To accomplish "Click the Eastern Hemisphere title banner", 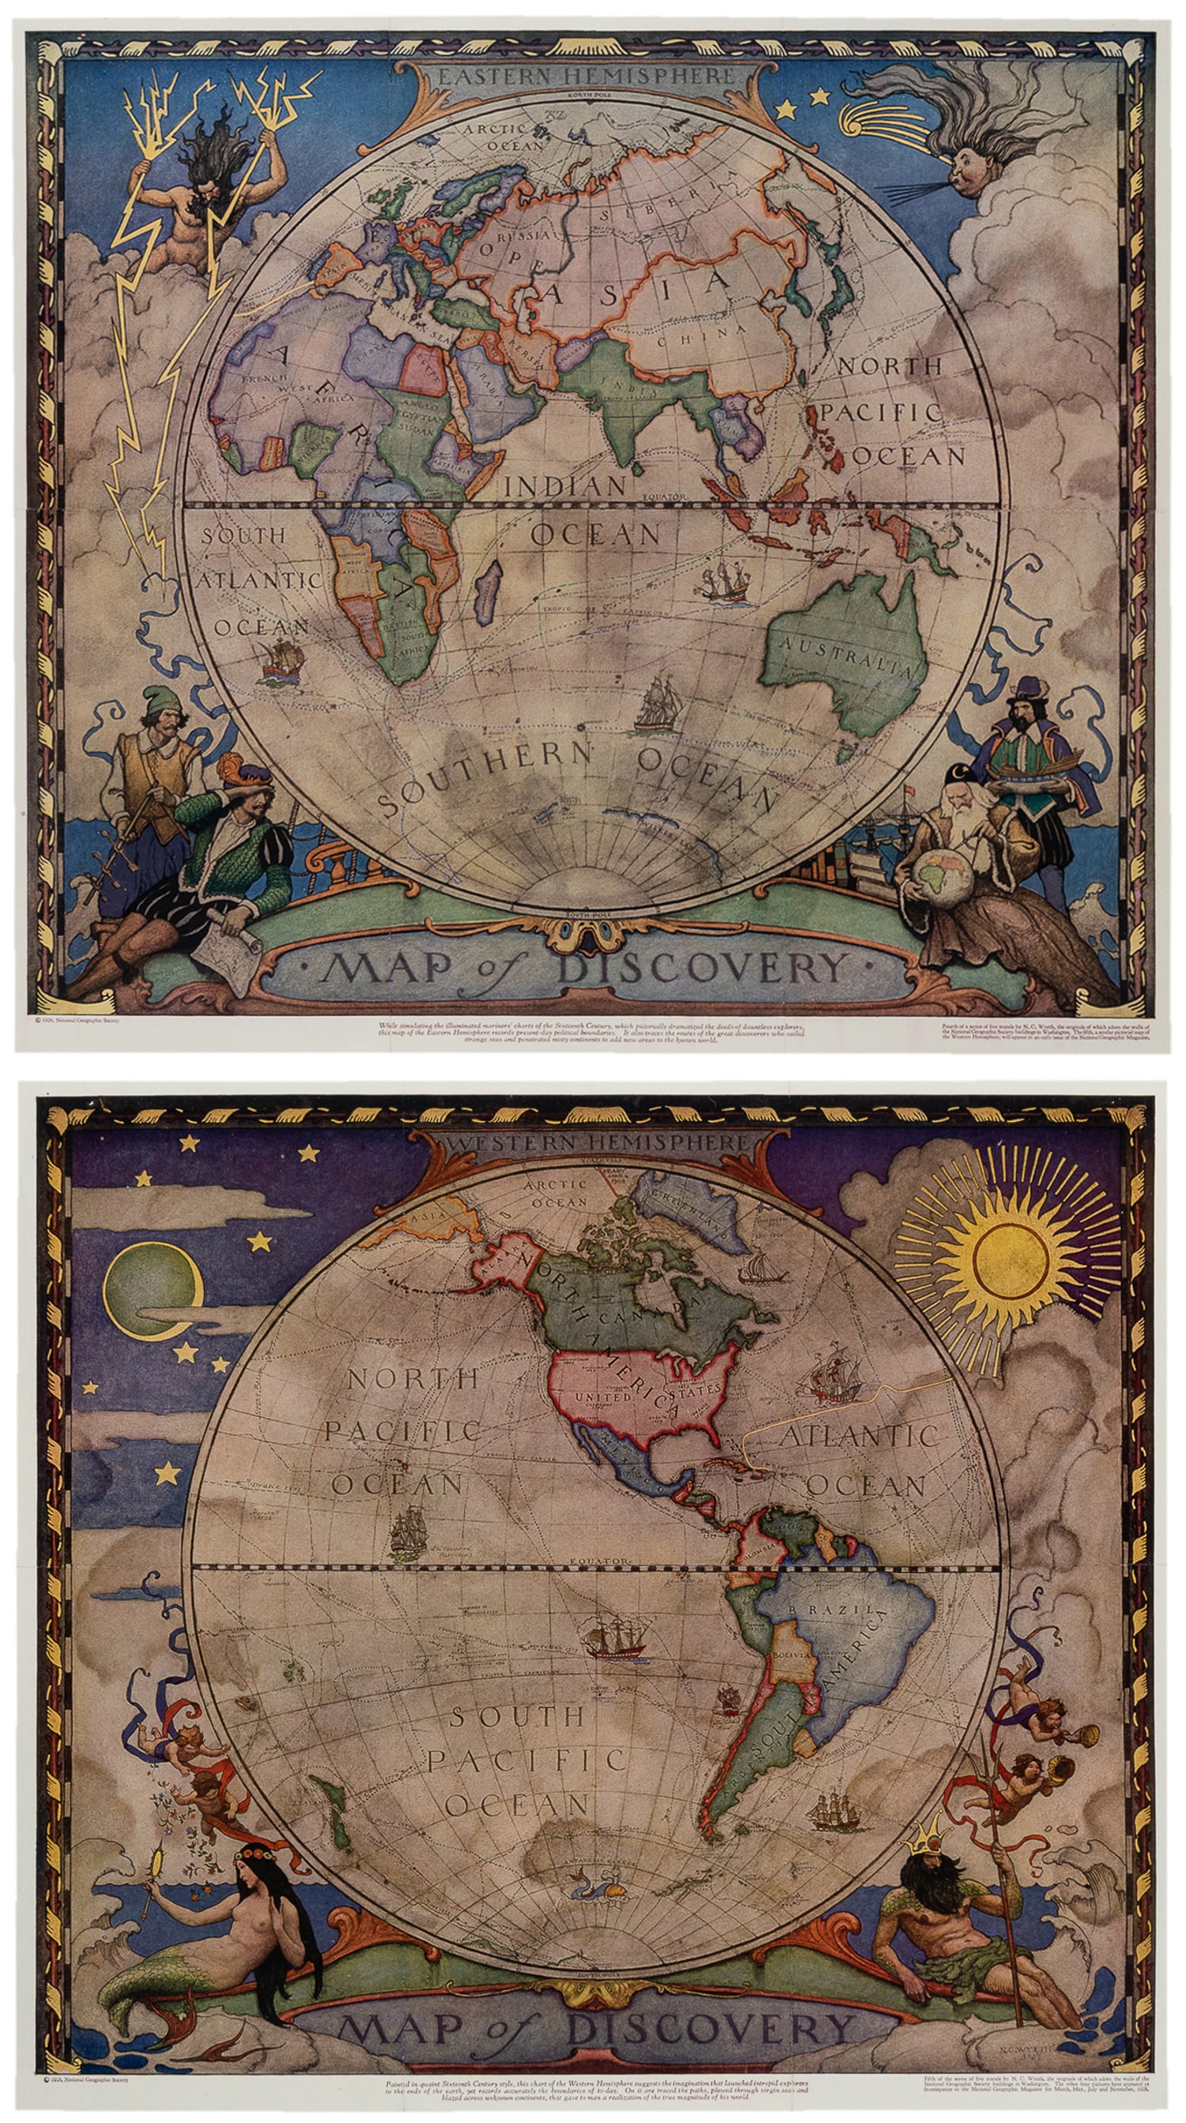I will [x=586, y=76].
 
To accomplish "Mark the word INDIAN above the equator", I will [x=565, y=486].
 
